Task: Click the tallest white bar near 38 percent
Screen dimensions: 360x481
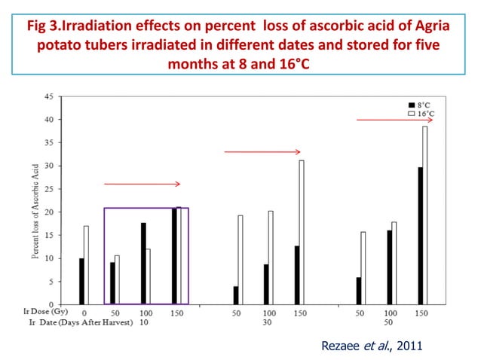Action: (424, 215)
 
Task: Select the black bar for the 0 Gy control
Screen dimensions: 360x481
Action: (81, 281)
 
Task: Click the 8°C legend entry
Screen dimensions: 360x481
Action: (419, 104)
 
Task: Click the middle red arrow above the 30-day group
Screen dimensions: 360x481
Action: (262, 151)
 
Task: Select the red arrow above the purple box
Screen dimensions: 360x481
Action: (142, 183)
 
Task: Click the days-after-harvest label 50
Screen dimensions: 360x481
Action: (389, 322)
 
